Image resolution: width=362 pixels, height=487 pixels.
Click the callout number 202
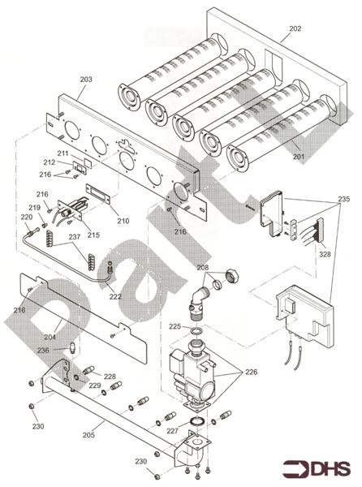(x=295, y=28)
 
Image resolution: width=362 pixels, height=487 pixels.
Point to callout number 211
(x=62, y=153)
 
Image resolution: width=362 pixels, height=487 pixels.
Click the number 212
(x=50, y=162)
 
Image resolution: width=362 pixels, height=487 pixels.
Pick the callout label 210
(x=123, y=221)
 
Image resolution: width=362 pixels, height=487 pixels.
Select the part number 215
(x=93, y=235)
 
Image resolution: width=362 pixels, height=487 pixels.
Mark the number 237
(x=75, y=237)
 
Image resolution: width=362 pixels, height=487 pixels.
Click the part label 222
(x=115, y=297)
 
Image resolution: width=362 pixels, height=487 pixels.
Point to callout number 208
(x=201, y=266)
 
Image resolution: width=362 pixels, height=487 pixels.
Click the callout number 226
(x=252, y=373)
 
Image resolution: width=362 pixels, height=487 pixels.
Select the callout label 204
(x=50, y=337)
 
